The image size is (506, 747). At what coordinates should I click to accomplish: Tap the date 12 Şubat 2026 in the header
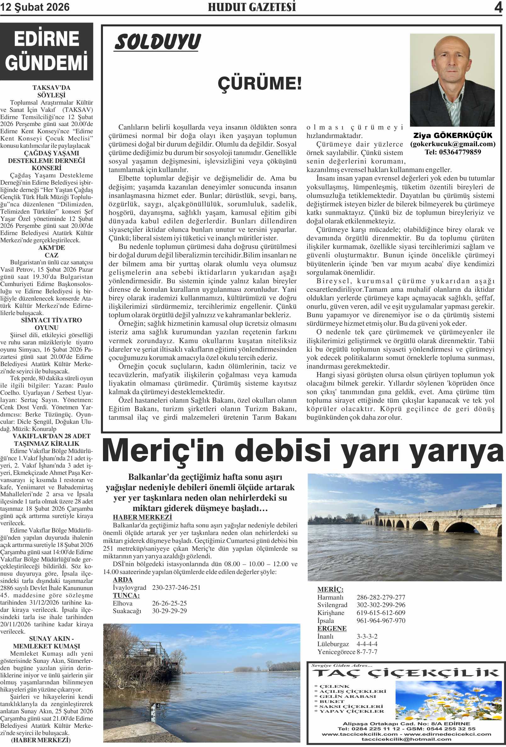[35, 7]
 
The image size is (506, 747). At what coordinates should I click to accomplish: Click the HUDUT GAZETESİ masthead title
[252, 7]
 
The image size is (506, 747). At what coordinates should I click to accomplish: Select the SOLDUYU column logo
[157, 42]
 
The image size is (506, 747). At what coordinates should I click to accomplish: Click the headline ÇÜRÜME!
[259, 83]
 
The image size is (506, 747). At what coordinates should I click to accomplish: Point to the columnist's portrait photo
[452, 80]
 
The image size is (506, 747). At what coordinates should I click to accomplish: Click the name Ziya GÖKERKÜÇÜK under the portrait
[453, 135]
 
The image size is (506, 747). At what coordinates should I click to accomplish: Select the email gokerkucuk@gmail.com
[453, 144]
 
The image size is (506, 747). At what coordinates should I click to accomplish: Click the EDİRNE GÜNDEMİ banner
[47, 51]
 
